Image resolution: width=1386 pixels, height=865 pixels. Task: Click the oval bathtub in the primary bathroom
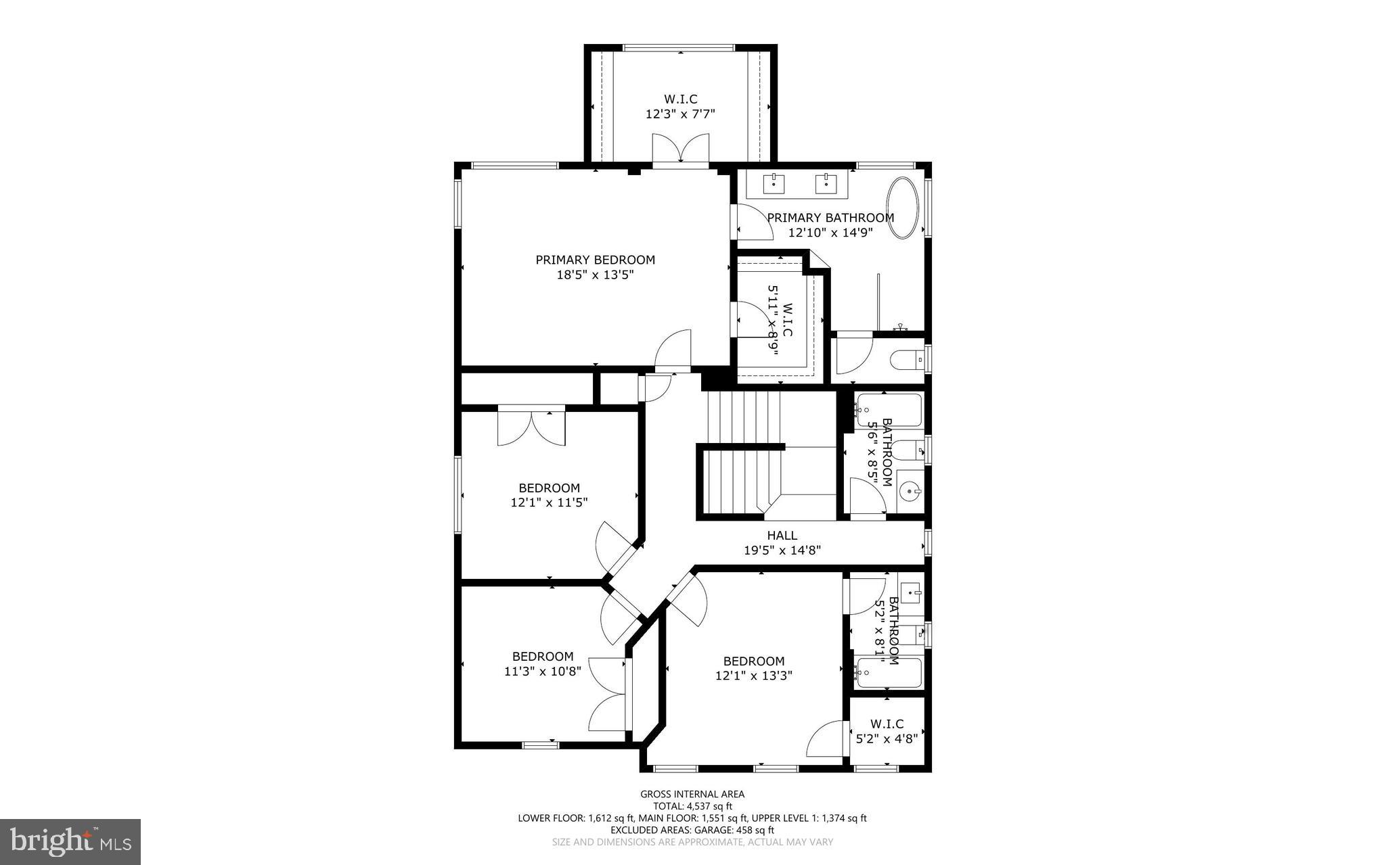tap(903, 208)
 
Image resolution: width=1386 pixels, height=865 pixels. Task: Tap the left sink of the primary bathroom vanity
tap(774, 183)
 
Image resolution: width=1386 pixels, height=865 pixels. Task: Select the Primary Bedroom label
tap(595, 260)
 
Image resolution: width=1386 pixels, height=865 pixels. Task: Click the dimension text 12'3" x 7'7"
tap(680, 114)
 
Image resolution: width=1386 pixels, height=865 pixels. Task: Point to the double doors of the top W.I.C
tap(681, 149)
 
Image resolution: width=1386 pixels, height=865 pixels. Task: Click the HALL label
tap(782, 536)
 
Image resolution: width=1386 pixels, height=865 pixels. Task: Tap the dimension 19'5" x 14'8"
tap(782, 551)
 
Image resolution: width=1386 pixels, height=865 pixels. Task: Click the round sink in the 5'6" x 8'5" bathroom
tap(910, 491)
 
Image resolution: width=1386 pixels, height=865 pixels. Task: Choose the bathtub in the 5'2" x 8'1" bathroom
tap(887, 672)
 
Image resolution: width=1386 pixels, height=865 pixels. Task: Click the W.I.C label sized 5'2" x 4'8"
tap(887, 724)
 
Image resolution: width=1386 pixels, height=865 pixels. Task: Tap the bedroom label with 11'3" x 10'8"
tap(543, 656)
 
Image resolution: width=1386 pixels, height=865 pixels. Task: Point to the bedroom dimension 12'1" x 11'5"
tap(549, 502)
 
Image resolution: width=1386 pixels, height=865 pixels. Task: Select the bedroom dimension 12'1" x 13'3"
tap(753, 676)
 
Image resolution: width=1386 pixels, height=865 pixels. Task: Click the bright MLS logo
tap(70, 841)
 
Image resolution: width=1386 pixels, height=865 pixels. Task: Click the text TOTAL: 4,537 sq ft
tap(692, 806)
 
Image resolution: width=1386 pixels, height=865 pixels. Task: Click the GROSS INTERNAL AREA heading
tap(692, 794)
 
